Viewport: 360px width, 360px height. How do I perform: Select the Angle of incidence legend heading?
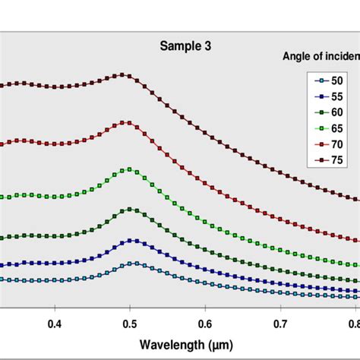[x=315, y=55]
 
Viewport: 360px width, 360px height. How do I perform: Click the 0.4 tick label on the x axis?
[x=55, y=324]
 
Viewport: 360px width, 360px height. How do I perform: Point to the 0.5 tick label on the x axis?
[x=130, y=324]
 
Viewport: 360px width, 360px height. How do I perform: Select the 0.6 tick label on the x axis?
[x=205, y=324]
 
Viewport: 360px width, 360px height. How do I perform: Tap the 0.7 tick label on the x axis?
[x=280, y=324]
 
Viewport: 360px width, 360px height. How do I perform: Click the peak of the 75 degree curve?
[x=122, y=75]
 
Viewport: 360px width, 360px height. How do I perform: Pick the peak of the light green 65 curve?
[x=130, y=169]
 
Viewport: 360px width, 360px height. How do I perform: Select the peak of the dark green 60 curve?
[x=130, y=209]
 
